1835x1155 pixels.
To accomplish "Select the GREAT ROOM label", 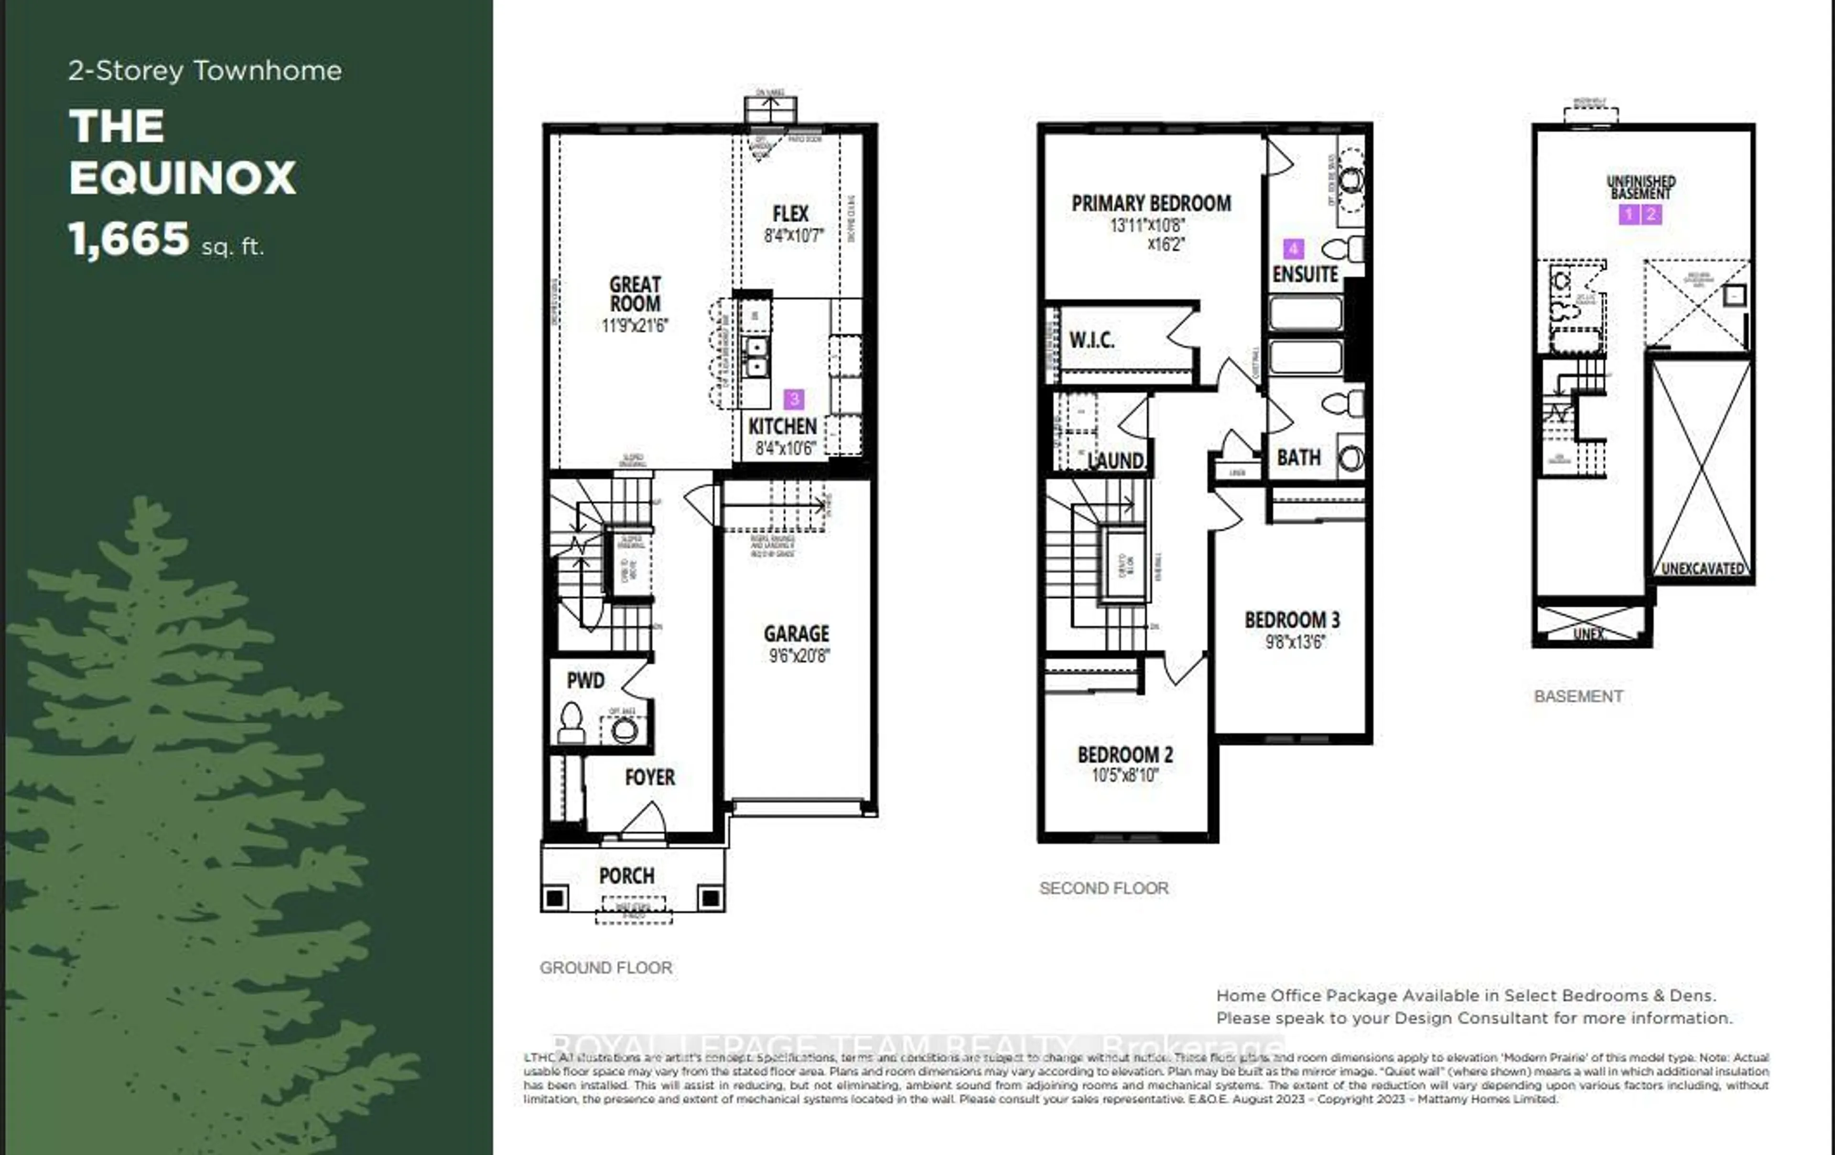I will coord(635,294).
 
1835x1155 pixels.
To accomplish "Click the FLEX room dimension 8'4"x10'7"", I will coord(793,235).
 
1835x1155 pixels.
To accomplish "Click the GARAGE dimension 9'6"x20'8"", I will coord(798,655).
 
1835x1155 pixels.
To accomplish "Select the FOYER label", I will coord(649,777).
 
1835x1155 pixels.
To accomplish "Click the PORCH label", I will coord(626,876).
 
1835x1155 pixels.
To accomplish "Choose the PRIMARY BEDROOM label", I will coord(1151,203).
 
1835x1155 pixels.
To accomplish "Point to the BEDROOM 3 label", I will coord(1292,620).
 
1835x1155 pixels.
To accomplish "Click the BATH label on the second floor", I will coord(1298,457).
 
